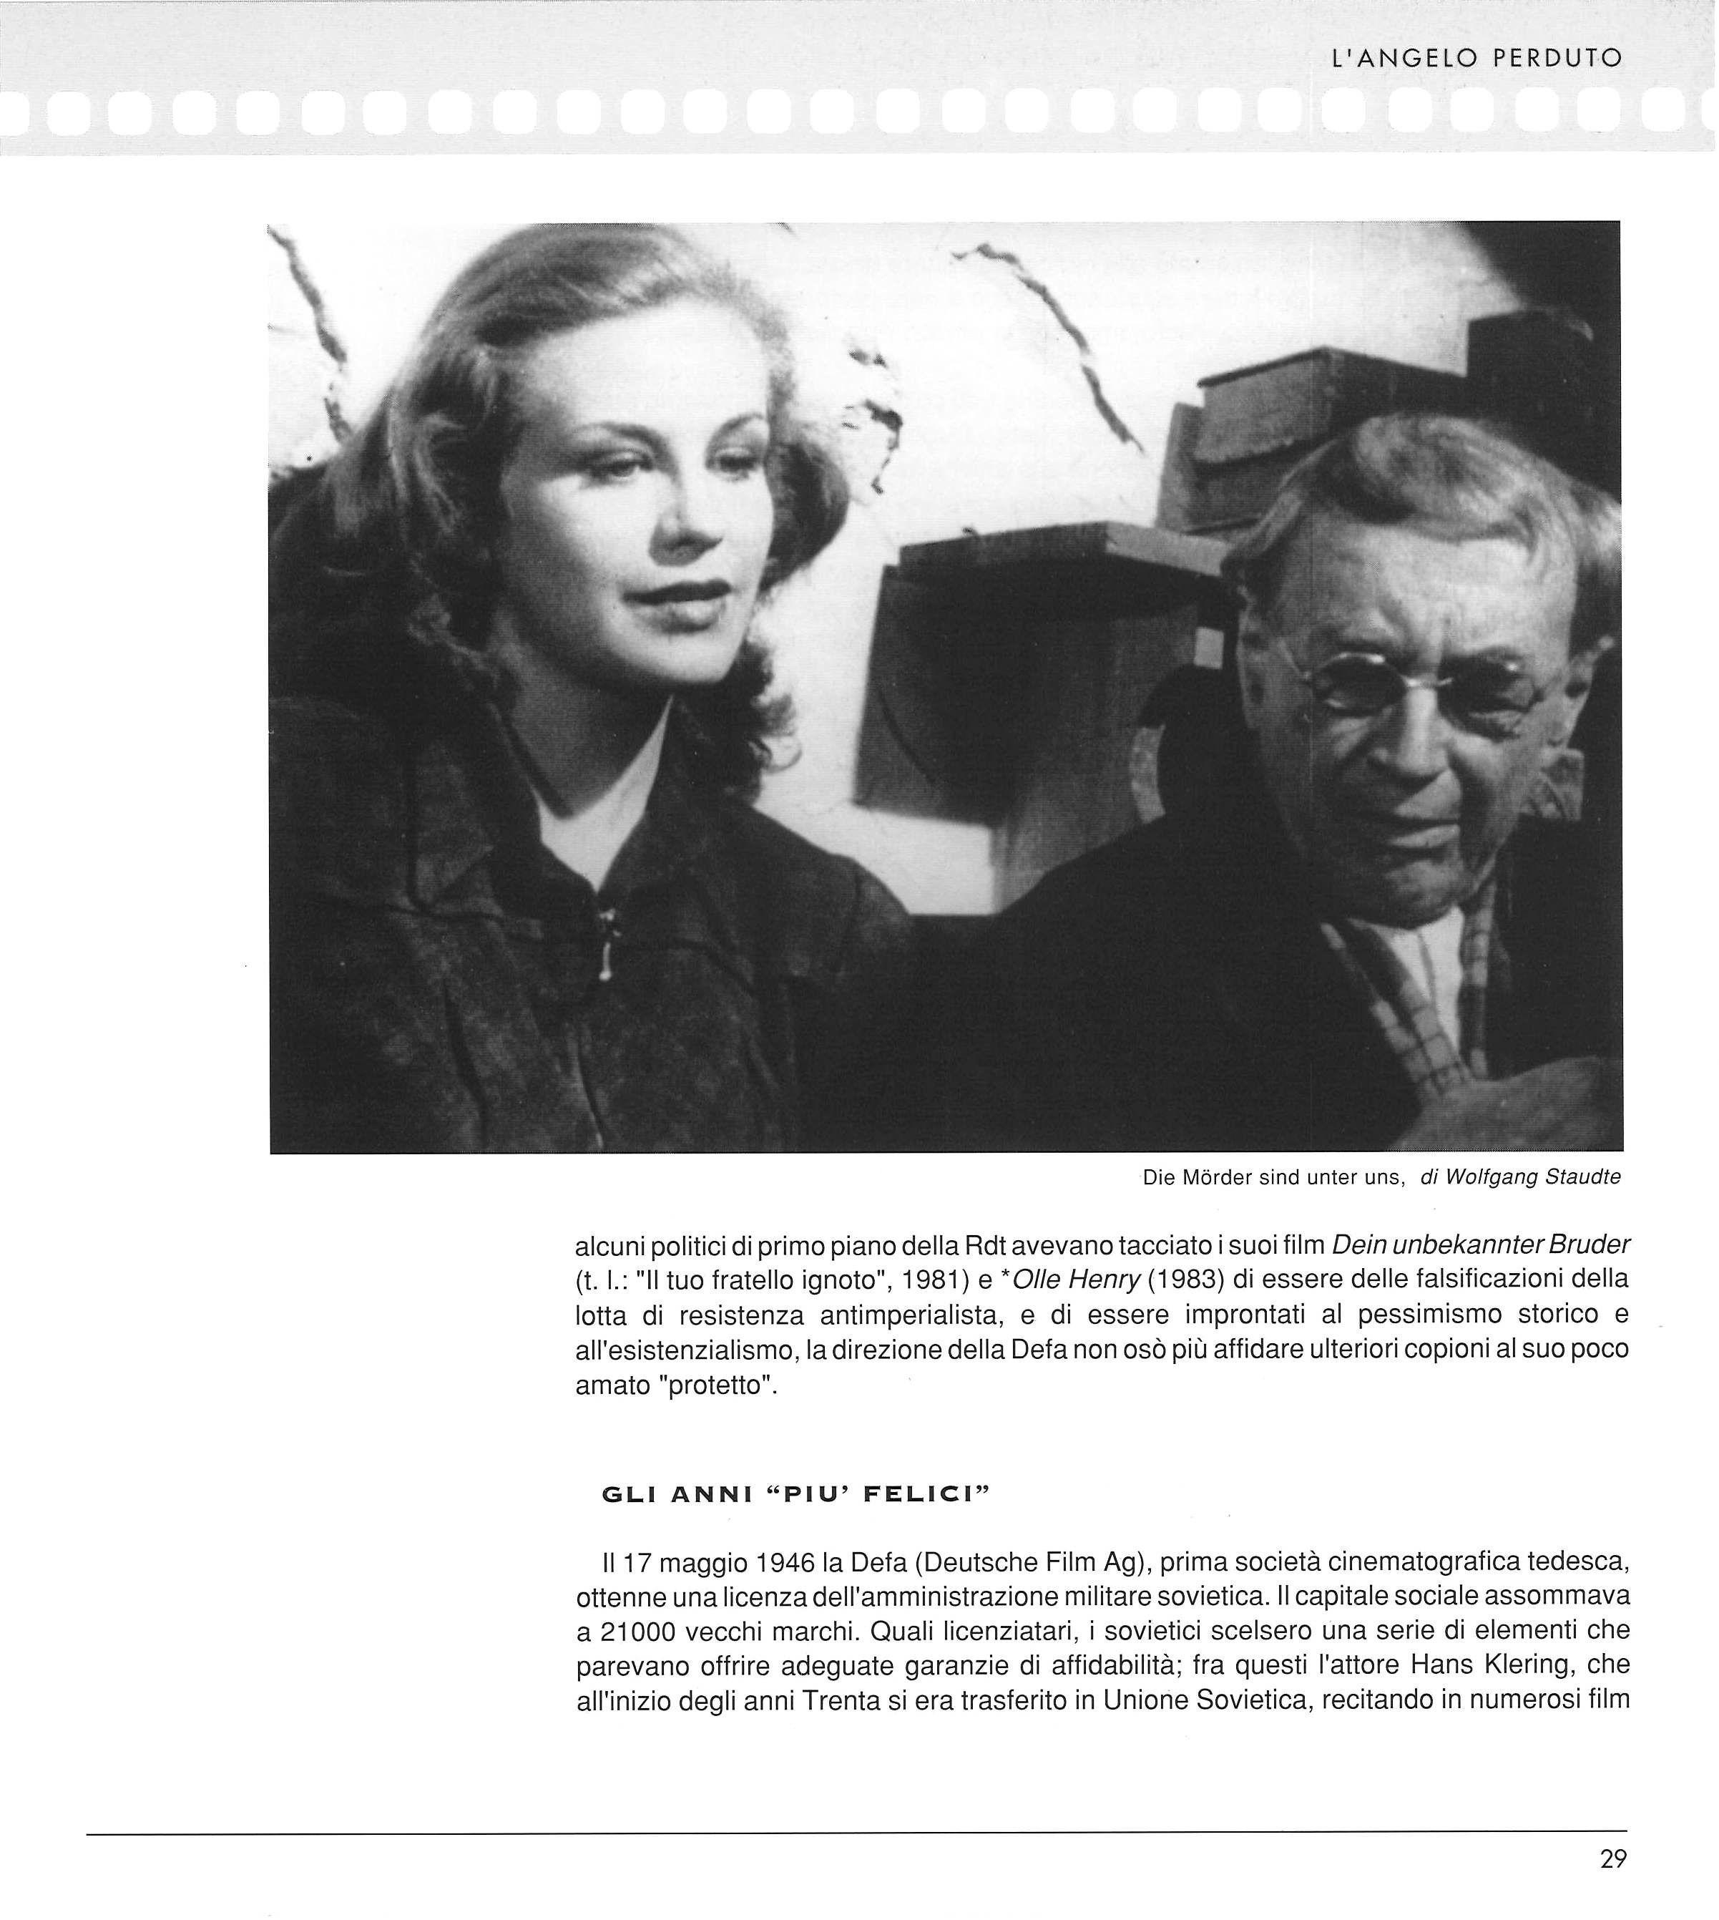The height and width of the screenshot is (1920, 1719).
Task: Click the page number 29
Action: pyautogui.click(x=1613, y=1858)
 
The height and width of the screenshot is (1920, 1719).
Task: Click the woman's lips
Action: pyautogui.click(x=684, y=595)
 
